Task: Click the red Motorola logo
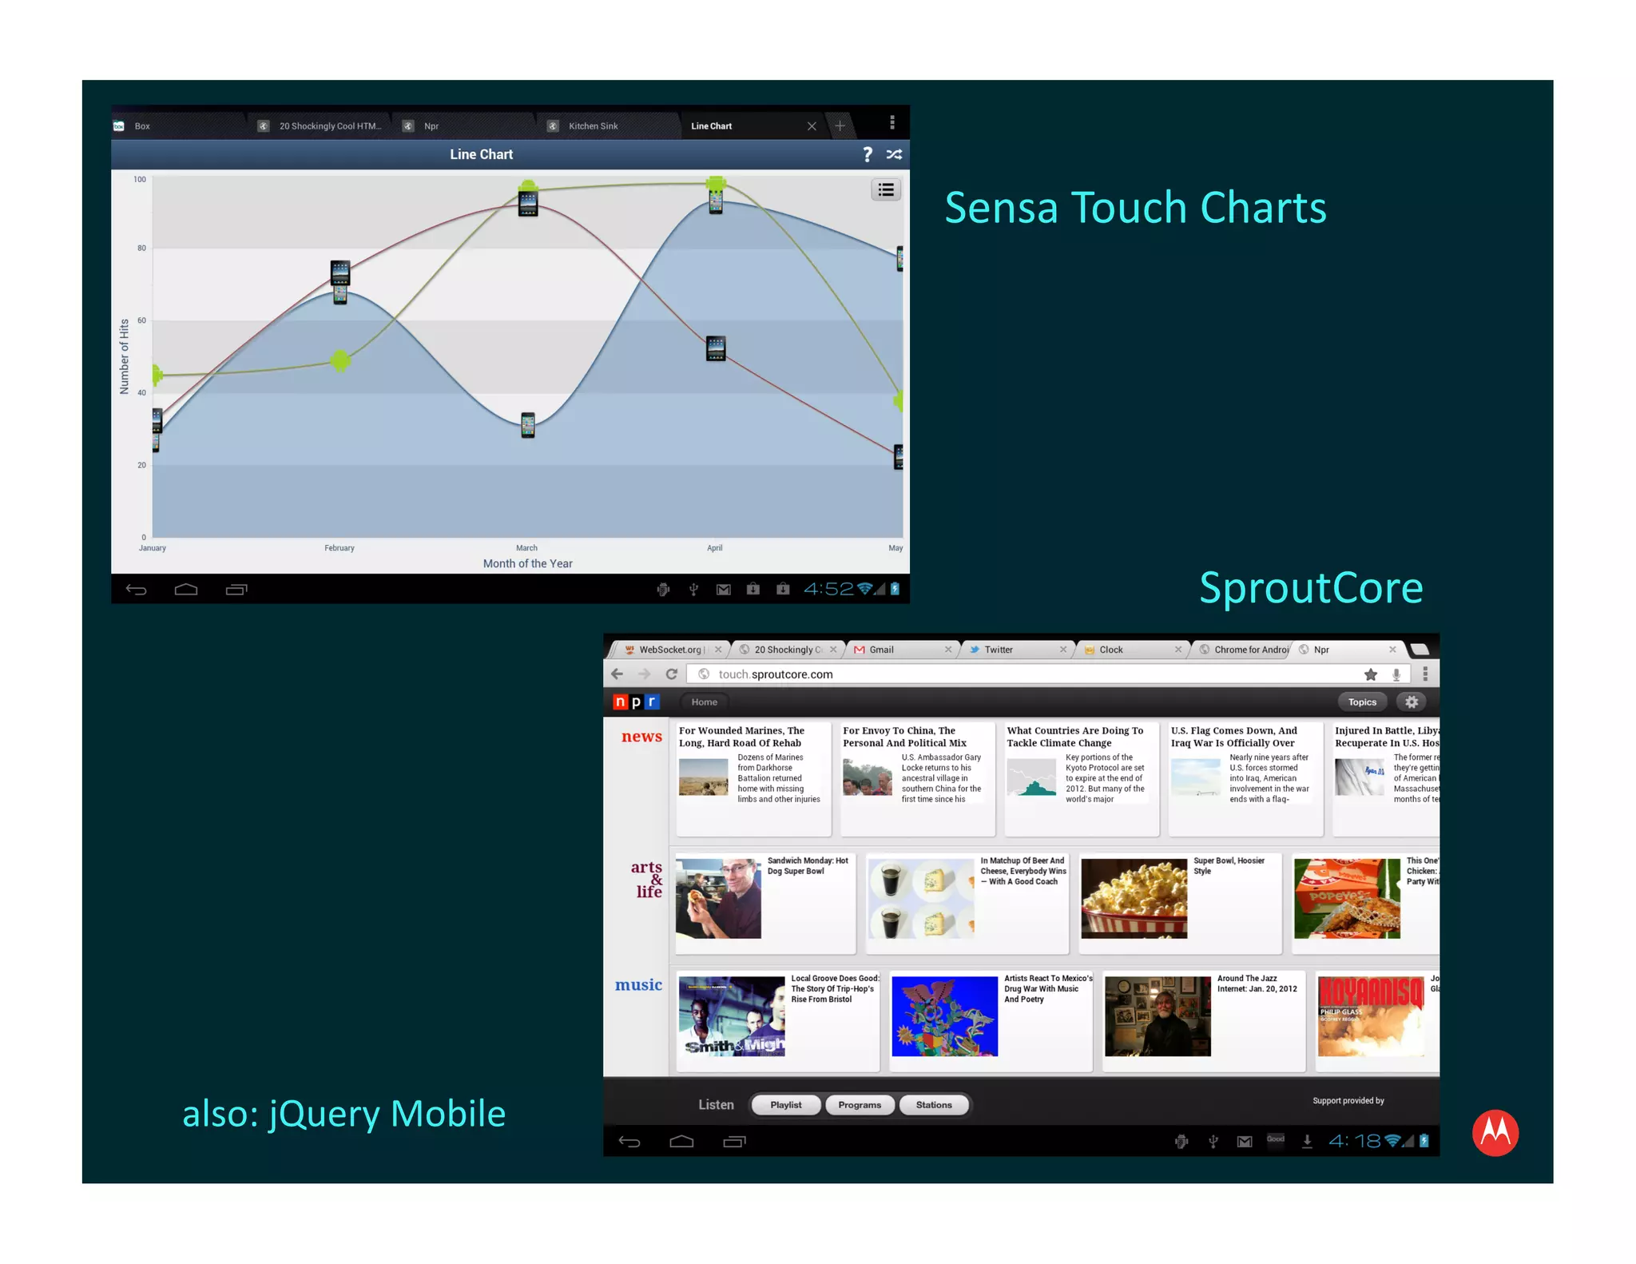1495,1132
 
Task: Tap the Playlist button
785,1105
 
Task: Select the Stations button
933,1105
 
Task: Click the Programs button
860,1105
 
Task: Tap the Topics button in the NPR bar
1362,702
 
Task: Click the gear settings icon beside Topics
1412,702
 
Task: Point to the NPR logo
636,702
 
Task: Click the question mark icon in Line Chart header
867,154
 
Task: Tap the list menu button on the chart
885,190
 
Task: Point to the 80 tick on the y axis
141,248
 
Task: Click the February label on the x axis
340,548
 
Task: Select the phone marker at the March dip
528,424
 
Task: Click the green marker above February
340,360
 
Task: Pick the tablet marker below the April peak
716,348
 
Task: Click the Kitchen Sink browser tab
593,126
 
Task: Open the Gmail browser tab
881,650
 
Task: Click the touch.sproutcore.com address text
775,674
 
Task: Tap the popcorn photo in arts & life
1134,898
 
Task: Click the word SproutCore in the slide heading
1311,588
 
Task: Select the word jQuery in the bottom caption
324,1114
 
